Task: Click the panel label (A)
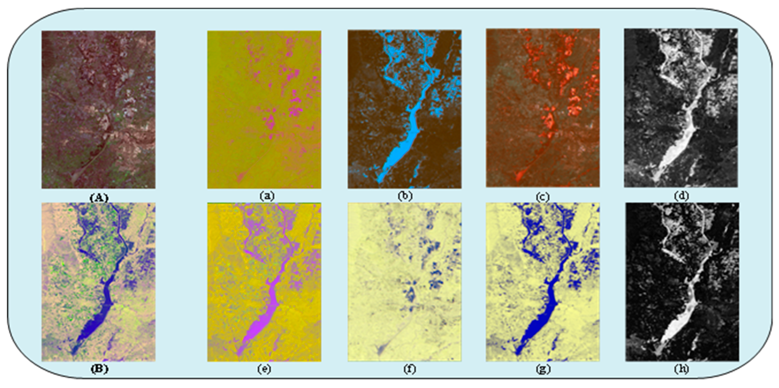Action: click(99, 198)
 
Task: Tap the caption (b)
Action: click(405, 196)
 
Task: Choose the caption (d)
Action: click(681, 196)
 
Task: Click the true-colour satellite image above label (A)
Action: click(99, 109)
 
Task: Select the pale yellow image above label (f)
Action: click(405, 282)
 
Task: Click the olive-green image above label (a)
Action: click(264, 109)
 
